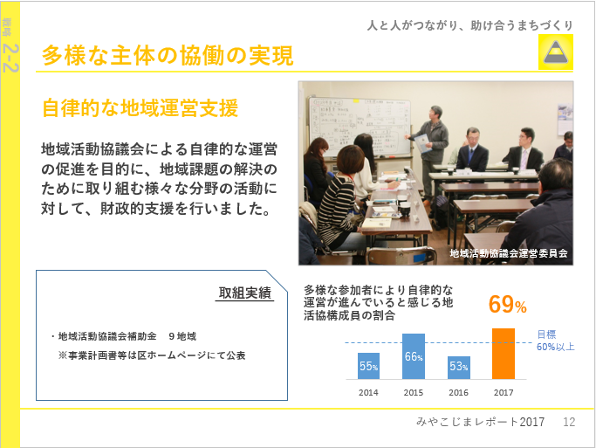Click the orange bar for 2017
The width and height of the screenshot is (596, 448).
504,354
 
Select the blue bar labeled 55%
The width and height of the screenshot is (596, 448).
368,366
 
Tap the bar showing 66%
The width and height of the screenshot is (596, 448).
414,356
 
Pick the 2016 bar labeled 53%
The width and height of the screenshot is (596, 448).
459,368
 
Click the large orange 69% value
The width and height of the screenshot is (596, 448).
508,304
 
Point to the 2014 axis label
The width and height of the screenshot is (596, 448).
368,392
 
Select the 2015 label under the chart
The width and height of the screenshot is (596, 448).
414,392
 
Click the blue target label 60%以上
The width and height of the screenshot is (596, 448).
555,347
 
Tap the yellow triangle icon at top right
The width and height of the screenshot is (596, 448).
556,52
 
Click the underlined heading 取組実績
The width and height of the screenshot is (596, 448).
245,293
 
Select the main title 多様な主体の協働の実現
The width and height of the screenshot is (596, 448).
168,56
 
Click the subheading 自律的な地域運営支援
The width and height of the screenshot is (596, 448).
140,107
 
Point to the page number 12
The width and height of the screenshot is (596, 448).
569,422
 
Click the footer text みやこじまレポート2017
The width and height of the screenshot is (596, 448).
481,422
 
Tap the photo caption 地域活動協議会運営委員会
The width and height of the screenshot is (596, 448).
509,253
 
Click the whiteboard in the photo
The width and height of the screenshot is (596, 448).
360,127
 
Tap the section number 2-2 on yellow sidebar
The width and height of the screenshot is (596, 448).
10,58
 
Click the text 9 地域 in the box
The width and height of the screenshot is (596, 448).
182,336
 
